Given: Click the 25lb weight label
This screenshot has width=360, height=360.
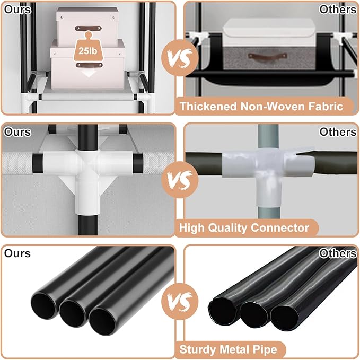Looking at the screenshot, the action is tap(88, 51).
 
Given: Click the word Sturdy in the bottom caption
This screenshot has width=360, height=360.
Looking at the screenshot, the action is tap(198, 350).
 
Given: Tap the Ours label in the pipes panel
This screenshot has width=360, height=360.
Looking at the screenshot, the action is tap(17, 253).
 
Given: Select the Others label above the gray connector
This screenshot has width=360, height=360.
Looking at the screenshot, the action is tap(338, 132).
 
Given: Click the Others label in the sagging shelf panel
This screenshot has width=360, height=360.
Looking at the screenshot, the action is tap(338, 10).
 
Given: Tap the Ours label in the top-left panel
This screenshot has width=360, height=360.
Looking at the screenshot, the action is tap(17, 10).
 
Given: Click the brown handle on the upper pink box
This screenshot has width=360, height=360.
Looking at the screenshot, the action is tap(88, 28).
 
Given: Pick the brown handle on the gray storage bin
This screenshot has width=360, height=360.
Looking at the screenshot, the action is tap(267, 56).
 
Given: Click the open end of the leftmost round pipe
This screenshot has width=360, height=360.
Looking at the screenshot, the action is tap(43, 306).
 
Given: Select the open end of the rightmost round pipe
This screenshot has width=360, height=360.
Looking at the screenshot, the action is tap(102, 322).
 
